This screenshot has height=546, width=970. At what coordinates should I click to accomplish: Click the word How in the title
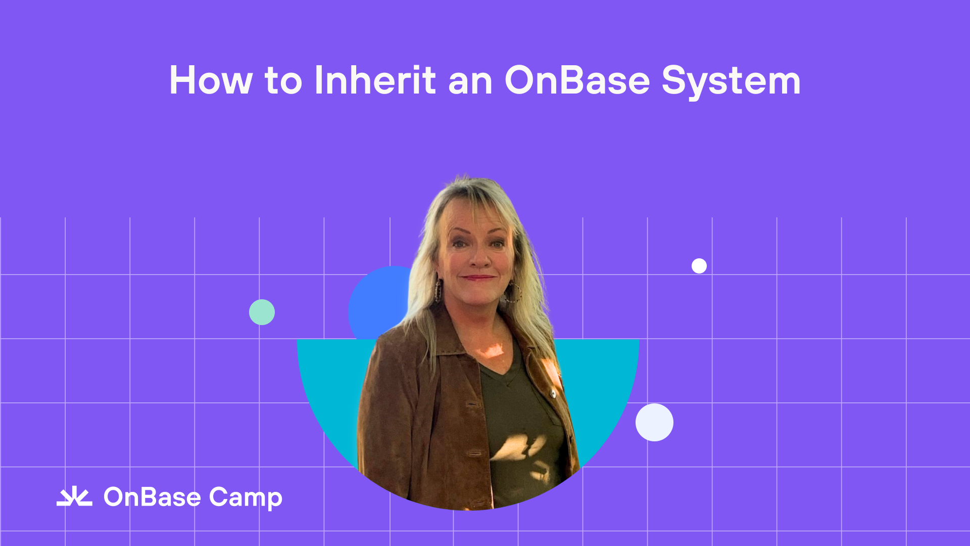coord(210,80)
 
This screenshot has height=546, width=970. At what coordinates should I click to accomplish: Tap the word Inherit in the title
coord(375,80)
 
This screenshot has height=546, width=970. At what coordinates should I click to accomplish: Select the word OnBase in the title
coord(577,80)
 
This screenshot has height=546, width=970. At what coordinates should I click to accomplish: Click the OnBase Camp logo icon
coord(74,497)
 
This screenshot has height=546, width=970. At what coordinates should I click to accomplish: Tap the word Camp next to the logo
coord(246,498)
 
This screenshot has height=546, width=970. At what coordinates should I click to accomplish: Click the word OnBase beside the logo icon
coord(152,497)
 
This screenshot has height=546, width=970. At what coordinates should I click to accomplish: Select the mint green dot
coord(262,312)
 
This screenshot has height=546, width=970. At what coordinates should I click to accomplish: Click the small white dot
coord(699,266)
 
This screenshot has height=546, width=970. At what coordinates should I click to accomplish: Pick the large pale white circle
coord(654,422)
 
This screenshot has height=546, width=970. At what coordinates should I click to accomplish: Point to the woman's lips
coord(478,278)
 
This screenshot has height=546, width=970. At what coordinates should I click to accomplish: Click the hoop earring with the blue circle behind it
coord(438,290)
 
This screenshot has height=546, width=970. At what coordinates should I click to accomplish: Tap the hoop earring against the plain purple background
coord(514,292)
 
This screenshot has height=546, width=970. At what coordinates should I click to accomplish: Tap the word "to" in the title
coord(283,81)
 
